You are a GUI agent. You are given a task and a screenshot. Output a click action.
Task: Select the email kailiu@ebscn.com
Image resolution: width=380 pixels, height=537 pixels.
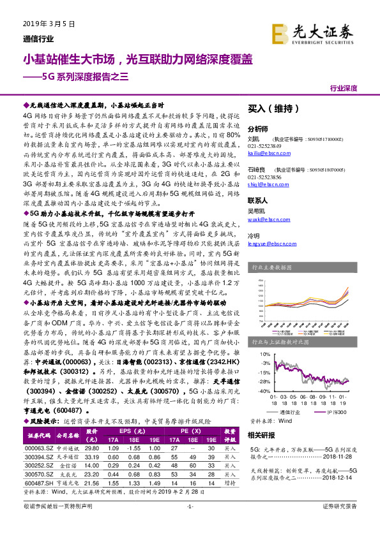point(264,153)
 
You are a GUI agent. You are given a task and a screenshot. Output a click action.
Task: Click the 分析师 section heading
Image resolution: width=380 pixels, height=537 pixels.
point(257,128)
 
